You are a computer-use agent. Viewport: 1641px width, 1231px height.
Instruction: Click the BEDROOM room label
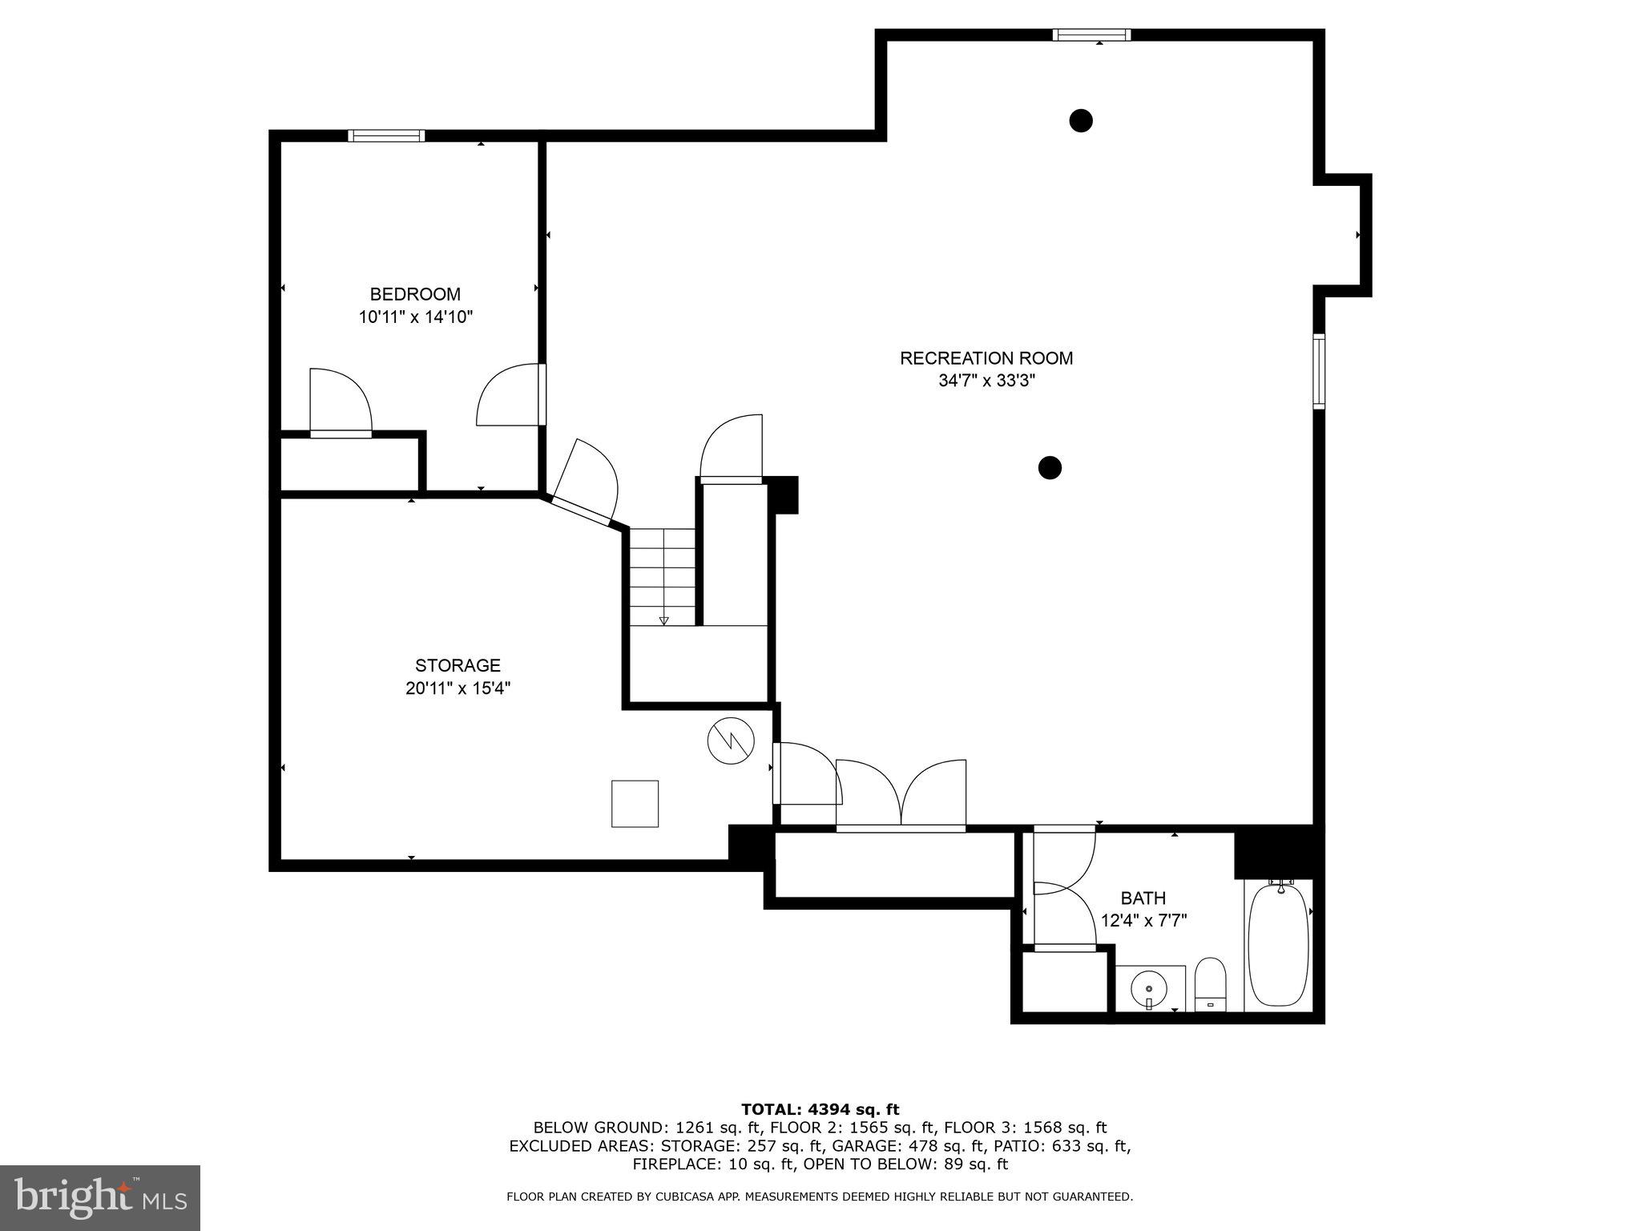click(x=415, y=294)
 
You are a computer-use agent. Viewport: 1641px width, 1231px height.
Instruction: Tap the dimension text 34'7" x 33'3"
click(x=986, y=381)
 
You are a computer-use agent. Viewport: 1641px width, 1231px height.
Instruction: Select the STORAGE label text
click(x=458, y=665)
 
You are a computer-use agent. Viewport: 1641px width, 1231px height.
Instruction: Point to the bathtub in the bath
click(x=1278, y=945)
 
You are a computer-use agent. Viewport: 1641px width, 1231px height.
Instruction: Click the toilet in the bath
click(x=1210, y=984)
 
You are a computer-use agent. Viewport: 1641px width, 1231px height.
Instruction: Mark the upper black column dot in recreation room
click(x=1081, y=121)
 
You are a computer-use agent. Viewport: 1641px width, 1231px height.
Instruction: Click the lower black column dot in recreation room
click(x=1050, y=467)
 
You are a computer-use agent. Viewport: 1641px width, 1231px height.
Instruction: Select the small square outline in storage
click(x=635, y=803)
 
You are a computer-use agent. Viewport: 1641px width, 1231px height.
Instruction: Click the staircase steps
click(x=663, y=576)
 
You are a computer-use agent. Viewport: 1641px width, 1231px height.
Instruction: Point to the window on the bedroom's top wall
click(x=386, y=136)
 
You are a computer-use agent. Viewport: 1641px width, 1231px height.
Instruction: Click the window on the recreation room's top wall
click(x=1091, y=34)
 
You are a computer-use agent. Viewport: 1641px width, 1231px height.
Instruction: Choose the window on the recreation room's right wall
click(x=1318, y=372)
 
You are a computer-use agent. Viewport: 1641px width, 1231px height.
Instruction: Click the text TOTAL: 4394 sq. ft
click(x=820, y=1110)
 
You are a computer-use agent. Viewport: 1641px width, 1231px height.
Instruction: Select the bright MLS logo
click(x=99, y=1197)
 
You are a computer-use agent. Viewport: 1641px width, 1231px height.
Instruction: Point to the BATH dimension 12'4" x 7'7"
click(x=1143, y=921)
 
